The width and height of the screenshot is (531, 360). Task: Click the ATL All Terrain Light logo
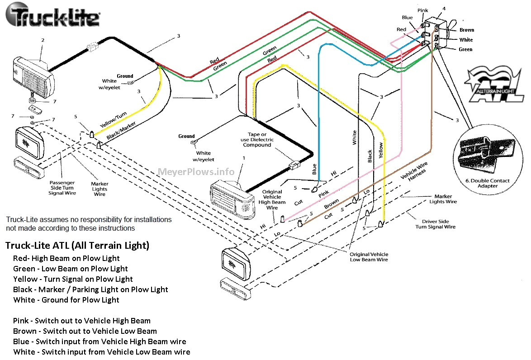click(x=495, y=85)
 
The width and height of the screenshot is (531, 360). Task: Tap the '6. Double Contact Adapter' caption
click(x=488, y=183)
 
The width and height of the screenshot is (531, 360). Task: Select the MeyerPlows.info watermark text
click(x=196, y=172)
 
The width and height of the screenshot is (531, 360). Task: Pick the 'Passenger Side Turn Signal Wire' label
click(x=62, y=188)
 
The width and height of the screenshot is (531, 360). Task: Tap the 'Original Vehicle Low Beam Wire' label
click(x=369, y=257)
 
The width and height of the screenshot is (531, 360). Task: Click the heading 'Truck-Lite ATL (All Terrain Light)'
click(x=77, y=246)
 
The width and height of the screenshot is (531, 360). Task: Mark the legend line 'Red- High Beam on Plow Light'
click(x=66, y=258)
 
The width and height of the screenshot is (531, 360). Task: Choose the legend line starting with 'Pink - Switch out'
click(x=82, y=321)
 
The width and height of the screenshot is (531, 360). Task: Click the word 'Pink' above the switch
click(x=422, y=10)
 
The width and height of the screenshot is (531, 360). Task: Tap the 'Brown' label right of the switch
click(x=467, y=30)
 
